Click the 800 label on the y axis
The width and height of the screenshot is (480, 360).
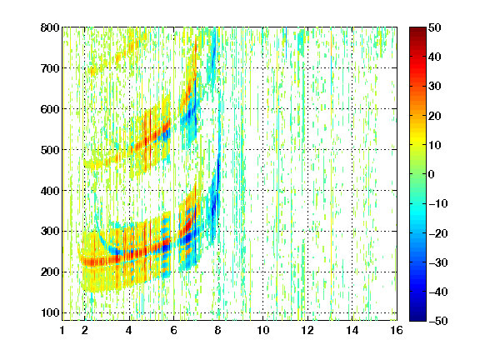point(50,27)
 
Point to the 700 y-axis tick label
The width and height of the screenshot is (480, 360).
point(50,68)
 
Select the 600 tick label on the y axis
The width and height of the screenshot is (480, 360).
point(50,109)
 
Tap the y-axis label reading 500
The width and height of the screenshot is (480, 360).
point(50,150)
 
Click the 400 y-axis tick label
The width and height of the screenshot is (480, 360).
point(50,191)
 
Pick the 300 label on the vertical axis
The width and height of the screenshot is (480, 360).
point(50,232)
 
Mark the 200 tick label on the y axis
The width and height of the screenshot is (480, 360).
point(50,272)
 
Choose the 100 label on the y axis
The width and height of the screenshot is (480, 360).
point(50,312)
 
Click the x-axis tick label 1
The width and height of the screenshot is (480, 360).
point(62,330)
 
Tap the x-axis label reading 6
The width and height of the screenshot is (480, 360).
point(174,330)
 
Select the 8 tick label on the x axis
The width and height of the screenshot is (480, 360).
point(218,330)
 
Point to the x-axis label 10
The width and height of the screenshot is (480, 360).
point(263,330)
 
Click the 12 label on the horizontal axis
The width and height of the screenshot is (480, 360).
point(307,330)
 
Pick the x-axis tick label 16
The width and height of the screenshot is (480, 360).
point(397,330)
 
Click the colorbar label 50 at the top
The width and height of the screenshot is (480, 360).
point(435,27)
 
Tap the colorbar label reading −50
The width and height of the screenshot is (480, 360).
point(438,321)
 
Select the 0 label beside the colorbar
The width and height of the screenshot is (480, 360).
point(432,174)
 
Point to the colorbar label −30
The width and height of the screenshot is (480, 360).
point(438,262)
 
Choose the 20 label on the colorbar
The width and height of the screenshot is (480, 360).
point(435,116)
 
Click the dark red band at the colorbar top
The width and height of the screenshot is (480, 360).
point(417,33)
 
